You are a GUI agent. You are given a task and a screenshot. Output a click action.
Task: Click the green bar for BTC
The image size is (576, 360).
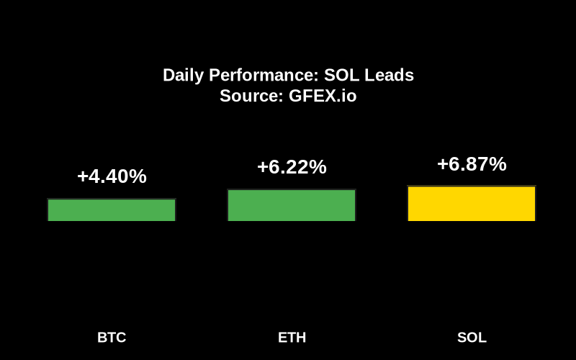112,210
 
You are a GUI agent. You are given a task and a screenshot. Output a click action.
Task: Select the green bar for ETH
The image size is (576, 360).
292,205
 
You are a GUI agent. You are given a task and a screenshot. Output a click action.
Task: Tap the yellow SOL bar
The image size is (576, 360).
472,204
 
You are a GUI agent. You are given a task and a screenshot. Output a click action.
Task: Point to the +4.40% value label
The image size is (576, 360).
112,176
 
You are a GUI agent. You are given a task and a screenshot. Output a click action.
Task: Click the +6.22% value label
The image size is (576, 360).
292,167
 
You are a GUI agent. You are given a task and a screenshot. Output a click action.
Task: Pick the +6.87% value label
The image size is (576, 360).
472,164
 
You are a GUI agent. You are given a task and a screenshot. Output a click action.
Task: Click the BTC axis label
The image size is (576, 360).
112,338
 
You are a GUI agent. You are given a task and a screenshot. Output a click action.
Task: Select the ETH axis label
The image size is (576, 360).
292,338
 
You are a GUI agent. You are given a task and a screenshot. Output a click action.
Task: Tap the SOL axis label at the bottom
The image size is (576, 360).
472,338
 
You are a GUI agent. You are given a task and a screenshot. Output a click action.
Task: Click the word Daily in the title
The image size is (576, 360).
182,76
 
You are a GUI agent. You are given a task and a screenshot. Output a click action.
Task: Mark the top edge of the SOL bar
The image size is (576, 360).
472,186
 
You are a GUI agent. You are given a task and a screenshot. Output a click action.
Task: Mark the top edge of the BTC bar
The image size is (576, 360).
112,199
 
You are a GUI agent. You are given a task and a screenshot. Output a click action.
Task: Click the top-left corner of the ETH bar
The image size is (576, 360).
228,190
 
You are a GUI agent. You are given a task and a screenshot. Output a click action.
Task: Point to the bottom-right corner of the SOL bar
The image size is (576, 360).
535,220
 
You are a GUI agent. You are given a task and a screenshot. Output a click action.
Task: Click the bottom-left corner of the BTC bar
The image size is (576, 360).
48,220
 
